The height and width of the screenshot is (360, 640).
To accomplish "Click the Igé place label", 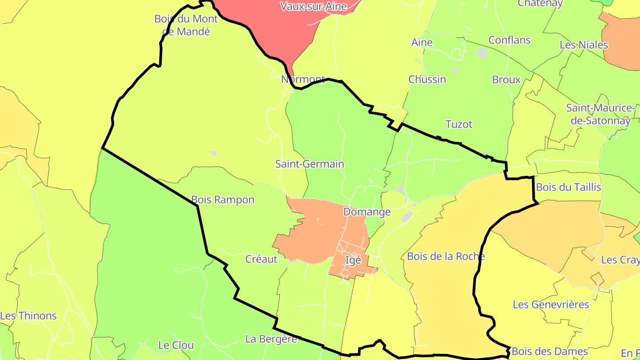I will pyautogui.click(x=353, y=260).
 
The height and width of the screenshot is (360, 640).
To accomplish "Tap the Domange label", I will pyautogui.click(x=367, y=212).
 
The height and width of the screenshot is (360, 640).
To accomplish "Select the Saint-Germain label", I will pyautogui.click(x=310, y=164).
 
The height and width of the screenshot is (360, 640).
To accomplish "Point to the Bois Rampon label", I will pyautogui.click(x=223, y=200).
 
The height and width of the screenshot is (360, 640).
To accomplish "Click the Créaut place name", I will pyautogui.click(x=261, y=259).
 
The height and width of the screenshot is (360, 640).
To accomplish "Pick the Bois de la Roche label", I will pyautogui.click(x=446, y=256).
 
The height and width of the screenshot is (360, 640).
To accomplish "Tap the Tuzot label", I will pyautogui.click(x=459, y=124).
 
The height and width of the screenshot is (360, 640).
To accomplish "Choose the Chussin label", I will pyautogui.click(x=427, y=80).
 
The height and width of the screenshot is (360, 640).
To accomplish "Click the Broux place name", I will pyautogui.click(x=506, y=80).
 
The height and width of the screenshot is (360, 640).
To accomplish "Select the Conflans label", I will pyautogui.click(x=509, y=40).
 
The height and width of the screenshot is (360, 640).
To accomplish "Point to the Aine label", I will pyautogui.click(x=422, y=43).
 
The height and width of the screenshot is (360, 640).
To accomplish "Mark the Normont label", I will pyautogui.click(x=303, y=80).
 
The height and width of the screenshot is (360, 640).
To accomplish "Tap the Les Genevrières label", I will pyautogui.click(x=551, y=305).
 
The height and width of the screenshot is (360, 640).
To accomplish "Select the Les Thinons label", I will pyautogui.click(x=28, y=316).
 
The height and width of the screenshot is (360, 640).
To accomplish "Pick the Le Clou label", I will pyautogui.click(x=176, y=345).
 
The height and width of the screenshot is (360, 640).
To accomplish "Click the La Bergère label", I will pyautogui.click(x=271, y=339).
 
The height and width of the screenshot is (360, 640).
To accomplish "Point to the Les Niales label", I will pyautogui.click(x=584, y=45).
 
